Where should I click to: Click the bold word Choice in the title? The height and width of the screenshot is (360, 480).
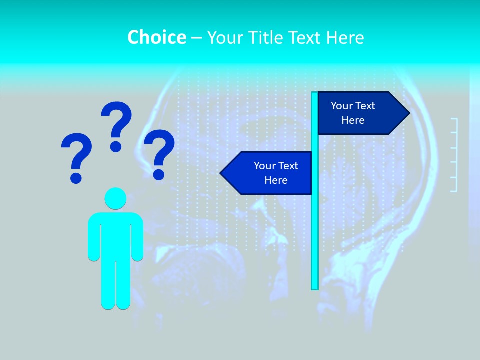point(156,37)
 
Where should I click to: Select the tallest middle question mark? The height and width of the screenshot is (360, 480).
point(116,126)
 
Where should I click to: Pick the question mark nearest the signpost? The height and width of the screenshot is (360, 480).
point(159,154)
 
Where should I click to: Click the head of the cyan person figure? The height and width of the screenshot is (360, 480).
point(115,198)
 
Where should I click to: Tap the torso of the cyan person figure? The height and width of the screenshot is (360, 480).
point(115,235)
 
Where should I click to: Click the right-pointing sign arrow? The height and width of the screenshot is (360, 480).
point(360,113)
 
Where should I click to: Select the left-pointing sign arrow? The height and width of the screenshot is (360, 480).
point(270,173)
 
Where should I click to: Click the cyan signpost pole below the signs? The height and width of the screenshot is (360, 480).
point(315,240)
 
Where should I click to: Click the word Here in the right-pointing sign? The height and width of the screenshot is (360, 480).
point(353,120)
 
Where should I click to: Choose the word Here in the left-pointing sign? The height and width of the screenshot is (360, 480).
point(276,180)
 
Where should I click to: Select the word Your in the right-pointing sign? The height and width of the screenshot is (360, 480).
point(342,106)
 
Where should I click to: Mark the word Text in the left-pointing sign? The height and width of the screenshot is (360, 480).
point(288,166)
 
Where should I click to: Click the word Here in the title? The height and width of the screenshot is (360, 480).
point(345,38)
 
